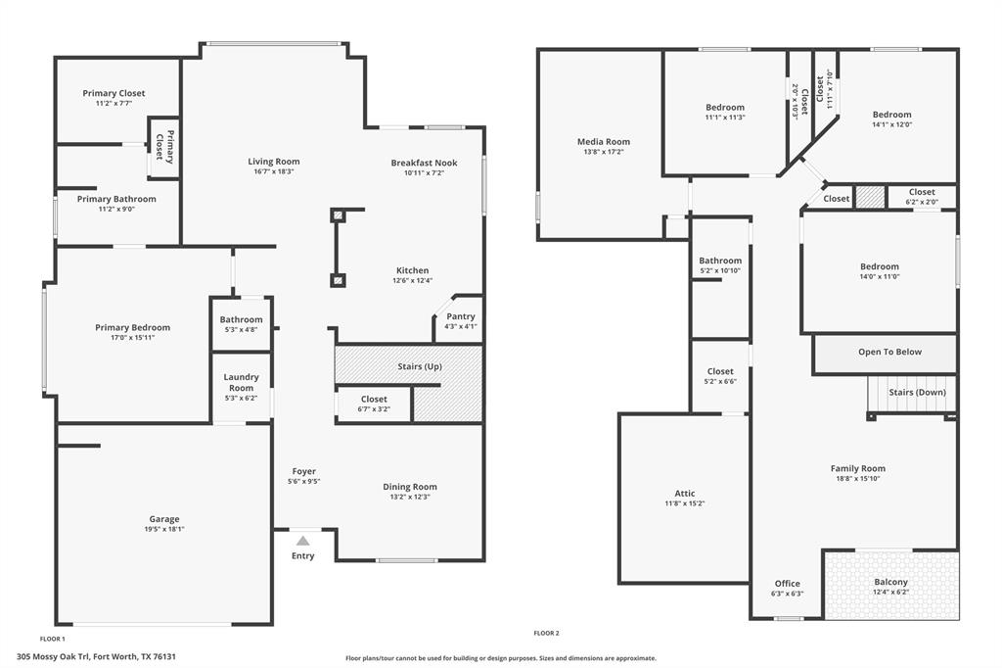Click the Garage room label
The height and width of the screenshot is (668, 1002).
tap(164, 519)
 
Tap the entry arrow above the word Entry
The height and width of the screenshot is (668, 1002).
tap(303, 541)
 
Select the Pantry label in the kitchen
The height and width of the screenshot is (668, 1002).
tap(460, 316)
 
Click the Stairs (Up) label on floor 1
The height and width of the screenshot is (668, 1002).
tap(420, 366)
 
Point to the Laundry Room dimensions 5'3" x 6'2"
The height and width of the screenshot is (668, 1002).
tap(241, 398)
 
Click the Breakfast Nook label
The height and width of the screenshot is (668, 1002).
tap(424, 163)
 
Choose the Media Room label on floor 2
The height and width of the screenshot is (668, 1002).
tap(604, 142)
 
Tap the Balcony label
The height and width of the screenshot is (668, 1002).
tap(890, 582)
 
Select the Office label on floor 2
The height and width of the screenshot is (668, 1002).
tap(788, 584)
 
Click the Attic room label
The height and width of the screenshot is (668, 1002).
tap(685, 494)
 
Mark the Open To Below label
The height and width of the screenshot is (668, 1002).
tap(889, 352)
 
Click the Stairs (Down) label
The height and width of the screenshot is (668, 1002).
tap(917, 392)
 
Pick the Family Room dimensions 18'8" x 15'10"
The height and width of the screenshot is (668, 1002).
tap(858, 479)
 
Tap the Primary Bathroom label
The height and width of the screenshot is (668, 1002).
tap(116, 199)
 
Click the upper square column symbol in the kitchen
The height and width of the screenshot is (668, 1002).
tap(338, 215)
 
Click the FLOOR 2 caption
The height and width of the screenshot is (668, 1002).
tap(546, 633)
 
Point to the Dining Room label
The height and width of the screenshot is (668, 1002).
tap(410, 487)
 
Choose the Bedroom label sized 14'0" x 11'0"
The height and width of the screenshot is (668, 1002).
tap(880, 266)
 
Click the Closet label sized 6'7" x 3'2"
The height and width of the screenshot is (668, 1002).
tap(374, 399)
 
